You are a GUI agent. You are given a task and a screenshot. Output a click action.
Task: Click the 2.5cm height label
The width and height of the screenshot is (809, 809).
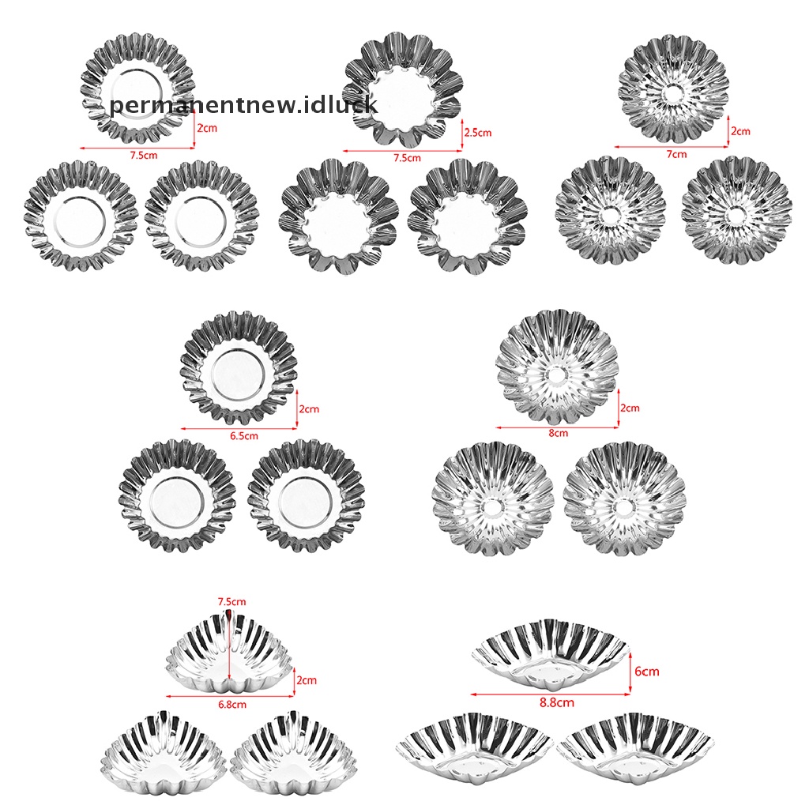tap(478, 133)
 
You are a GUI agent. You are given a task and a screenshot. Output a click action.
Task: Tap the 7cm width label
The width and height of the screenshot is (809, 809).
tap(676, 154)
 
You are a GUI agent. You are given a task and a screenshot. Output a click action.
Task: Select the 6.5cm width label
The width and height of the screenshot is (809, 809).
tap(244, 435)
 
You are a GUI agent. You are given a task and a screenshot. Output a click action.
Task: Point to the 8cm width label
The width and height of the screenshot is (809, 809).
tap(559, 433)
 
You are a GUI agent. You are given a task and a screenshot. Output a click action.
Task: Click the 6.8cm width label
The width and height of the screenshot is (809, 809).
tap(232, 704)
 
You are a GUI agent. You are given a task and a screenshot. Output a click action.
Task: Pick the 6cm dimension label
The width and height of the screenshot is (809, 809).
tap(646, 672)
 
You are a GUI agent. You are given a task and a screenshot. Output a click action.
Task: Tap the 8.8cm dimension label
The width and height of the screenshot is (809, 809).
tap(557, 702)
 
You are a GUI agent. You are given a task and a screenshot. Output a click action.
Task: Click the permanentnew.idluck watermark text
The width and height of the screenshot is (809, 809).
tap(243, 105)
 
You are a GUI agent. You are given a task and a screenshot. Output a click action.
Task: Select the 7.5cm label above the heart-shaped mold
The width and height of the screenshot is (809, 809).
tap(231, 601)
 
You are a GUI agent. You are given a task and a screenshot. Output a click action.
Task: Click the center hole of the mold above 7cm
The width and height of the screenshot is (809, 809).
tap(674, 93)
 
